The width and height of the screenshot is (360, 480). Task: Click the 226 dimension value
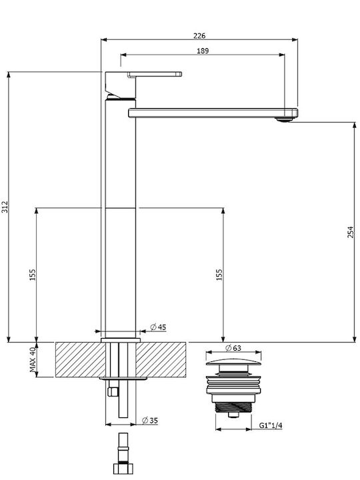199,35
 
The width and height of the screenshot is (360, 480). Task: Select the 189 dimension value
203,51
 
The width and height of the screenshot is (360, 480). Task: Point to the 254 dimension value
351,232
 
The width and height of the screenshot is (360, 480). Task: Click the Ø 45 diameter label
158,327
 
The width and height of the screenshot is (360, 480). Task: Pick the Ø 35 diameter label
150,421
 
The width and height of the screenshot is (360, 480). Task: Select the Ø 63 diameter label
233,348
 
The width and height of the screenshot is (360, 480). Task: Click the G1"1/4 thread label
271,425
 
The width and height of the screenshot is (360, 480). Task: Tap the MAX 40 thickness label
33,359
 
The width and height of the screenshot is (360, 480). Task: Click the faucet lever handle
155,74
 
